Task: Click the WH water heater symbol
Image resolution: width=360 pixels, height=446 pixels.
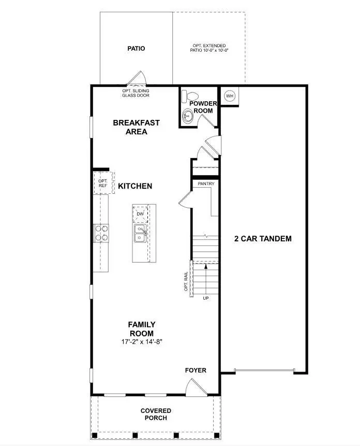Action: tap(230, 96)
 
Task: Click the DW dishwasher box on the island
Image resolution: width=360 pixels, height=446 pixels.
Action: tap(140, 213)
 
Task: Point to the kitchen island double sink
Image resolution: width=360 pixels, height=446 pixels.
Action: tap(140, 234)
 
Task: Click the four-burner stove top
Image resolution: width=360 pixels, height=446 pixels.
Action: tap(101, 233)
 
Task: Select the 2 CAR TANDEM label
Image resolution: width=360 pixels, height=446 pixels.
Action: tap(263, 239)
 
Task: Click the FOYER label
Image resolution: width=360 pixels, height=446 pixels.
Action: tap(196, 371)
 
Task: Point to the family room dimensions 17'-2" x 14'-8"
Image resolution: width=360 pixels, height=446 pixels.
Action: tap(141, 342)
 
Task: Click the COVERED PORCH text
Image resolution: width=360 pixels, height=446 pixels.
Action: tap(156, 414)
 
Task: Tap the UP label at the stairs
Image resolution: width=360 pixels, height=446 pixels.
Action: tap(206, 299)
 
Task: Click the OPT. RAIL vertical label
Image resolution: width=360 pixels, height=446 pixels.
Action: tap(186, 279)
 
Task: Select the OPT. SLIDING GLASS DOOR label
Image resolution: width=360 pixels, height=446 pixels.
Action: tap(135, 93)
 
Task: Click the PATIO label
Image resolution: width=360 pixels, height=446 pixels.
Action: tap(136, 49)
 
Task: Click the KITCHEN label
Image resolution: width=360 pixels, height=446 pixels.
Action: tap(135, 186)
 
